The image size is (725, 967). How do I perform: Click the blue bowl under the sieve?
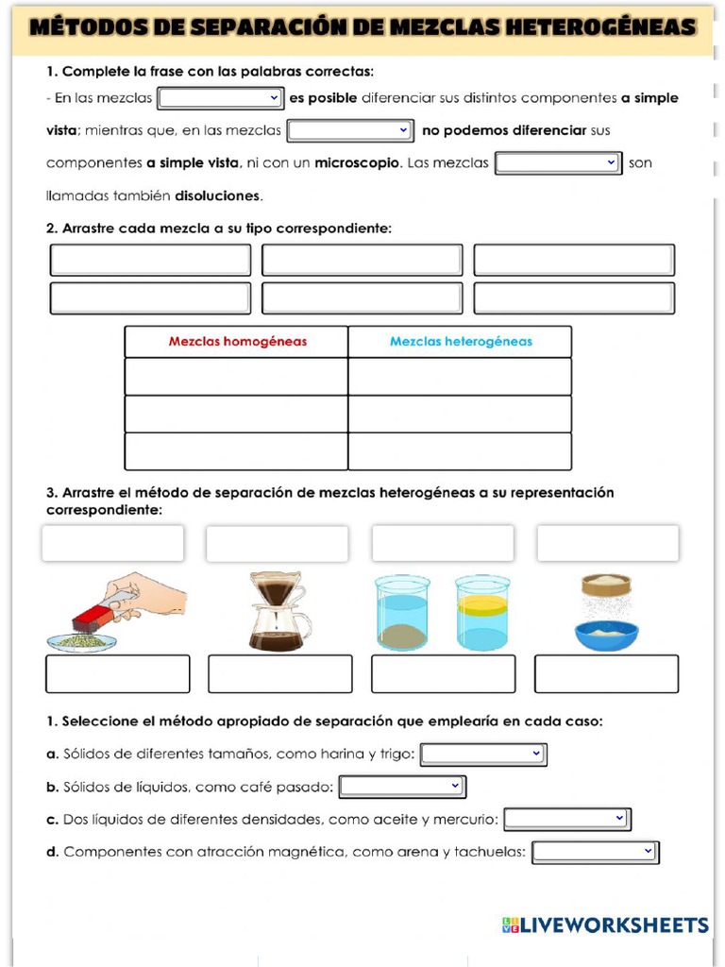coord(606,635)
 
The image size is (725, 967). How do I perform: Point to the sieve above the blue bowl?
coord(606,585)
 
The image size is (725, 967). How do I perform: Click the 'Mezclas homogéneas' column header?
coord(237,342)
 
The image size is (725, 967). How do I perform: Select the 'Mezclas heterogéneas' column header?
coord(461,342)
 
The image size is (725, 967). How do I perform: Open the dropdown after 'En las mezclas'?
coord(221,97)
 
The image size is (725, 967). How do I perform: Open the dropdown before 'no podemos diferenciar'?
coord(350,130)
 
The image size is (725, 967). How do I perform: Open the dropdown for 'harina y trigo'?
coord(483,754)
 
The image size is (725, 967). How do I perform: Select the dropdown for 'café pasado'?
coord(402,786)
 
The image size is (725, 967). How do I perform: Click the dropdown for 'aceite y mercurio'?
coord(567,819)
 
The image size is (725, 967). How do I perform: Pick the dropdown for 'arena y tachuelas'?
coord(595,852)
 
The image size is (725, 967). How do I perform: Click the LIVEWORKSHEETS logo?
coord(605,925)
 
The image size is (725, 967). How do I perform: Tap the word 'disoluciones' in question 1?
coord(217,196)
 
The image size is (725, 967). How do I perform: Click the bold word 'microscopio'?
coord(357,163)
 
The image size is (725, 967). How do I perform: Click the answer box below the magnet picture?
coord(118,673)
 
